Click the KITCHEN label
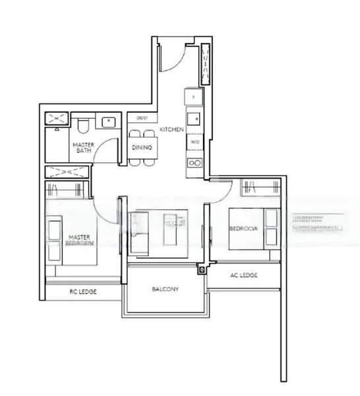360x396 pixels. pyautogui.click(x=171, y=130)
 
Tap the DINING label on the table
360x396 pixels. pyautogui.click(x=143, y=147)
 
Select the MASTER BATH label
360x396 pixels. pyautogui.click(x=82, y=148)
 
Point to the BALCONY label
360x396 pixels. pyautogui.click(x=165, y=289)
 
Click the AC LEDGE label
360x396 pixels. pyautogui.click(x=243, y=275)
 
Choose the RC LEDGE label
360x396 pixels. pyautogui.click(x=83, y=290)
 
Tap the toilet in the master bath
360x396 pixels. pyautogui.click(x=82, y=125)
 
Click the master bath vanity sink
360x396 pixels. pyautogui.click(x=107, y=121)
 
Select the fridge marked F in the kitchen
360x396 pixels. pyautogui.click(x=193, y=98)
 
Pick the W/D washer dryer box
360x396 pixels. pyautogui.click(x=195, y=141)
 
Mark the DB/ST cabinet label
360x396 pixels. pyautogui.click(x=142, y=118)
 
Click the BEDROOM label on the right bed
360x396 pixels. pyautogui.click(x=241, y=228)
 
